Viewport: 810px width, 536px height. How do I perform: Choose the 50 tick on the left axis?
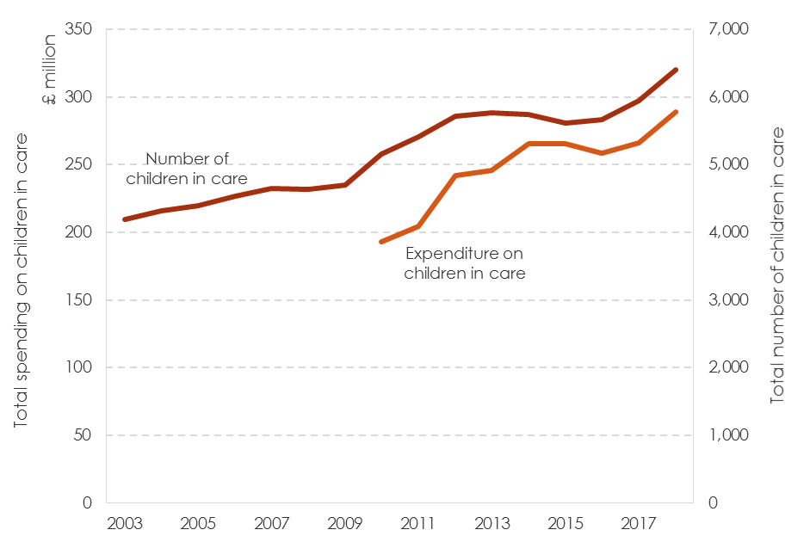point(83,435)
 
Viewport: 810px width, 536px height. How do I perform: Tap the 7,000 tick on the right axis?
point(728,29)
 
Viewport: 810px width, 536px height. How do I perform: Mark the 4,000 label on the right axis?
point(728,232)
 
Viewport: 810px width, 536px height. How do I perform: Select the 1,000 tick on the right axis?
point(728,435)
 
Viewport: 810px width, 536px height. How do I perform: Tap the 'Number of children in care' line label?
point(187,169)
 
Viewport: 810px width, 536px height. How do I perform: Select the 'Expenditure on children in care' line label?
point(465,263)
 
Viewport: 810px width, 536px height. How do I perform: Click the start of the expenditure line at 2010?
point(381,242)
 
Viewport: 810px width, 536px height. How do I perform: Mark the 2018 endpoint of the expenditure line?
point(676,112)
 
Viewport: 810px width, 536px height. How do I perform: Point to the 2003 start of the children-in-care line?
point(125,219)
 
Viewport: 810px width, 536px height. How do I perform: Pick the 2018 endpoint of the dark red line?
point(676,70)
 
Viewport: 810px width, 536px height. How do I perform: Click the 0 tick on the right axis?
point(713,503)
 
